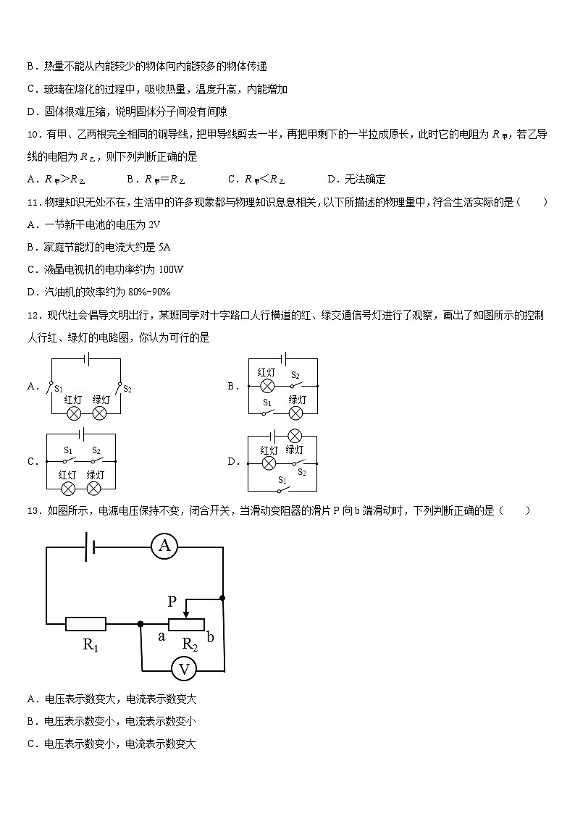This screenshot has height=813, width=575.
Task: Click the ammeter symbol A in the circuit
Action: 164,547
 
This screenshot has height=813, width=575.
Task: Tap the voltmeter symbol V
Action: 184,670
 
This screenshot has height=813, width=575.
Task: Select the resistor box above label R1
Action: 85,623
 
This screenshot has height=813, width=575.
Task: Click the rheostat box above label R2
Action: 186,624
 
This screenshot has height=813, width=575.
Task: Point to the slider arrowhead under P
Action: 187,615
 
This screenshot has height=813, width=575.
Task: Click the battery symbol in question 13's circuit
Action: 89,547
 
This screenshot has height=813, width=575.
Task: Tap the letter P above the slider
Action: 172,601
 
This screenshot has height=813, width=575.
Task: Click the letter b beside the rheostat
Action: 210,636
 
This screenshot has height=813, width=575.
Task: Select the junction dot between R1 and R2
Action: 140,623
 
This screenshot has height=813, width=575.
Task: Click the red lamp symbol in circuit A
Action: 73,413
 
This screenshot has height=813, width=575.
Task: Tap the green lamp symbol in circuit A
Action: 100,413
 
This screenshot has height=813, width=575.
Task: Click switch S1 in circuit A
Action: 51,387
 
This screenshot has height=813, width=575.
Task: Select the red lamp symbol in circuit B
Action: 266,386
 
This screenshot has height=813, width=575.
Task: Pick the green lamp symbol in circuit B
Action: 295,413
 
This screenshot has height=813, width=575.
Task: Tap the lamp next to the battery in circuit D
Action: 295,436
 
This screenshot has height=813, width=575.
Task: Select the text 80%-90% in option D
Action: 149,292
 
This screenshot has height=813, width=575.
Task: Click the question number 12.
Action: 33,315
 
